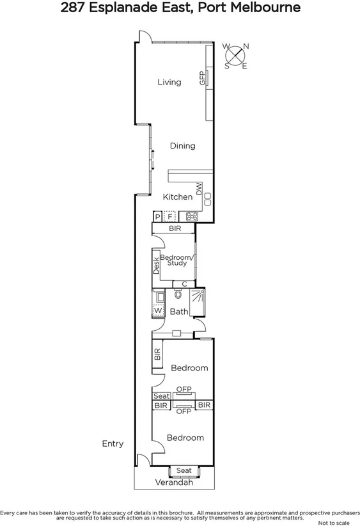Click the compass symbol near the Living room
(236, 55)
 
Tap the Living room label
(169, 82)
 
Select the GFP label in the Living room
(202, 78)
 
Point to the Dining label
(182, 146)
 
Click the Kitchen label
(177, 197)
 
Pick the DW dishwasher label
(199, 189)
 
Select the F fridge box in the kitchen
(169, 216)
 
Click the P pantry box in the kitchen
(157, 216)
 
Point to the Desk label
(155, 266)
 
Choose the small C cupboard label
(184, 284)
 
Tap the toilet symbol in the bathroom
(178, 296)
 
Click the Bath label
(179, 312)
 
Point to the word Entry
(113, 443)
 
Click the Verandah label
(174, 483)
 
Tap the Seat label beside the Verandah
(184, 471)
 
